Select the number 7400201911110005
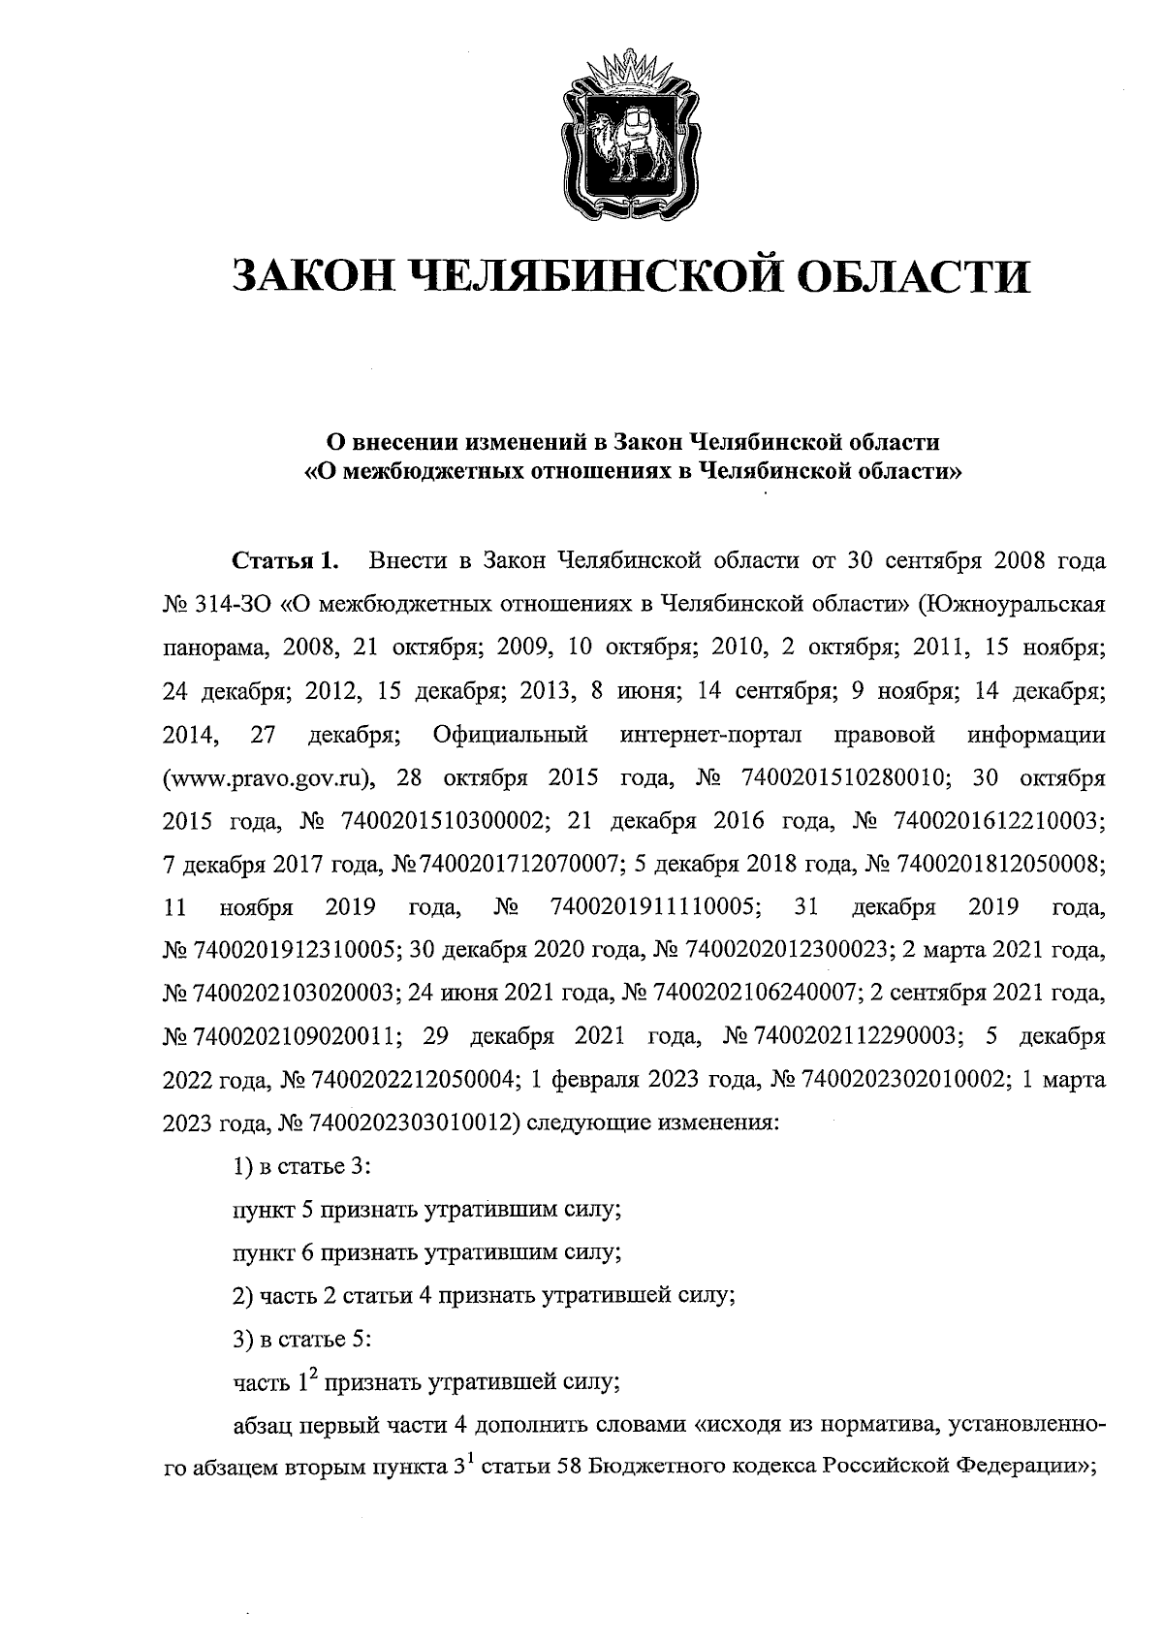[x=654, y=907]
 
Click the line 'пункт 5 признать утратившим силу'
[x=425, y=1210]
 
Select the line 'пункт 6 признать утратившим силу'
[x=425, y=1252]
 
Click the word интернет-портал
[x=710, y=735]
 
